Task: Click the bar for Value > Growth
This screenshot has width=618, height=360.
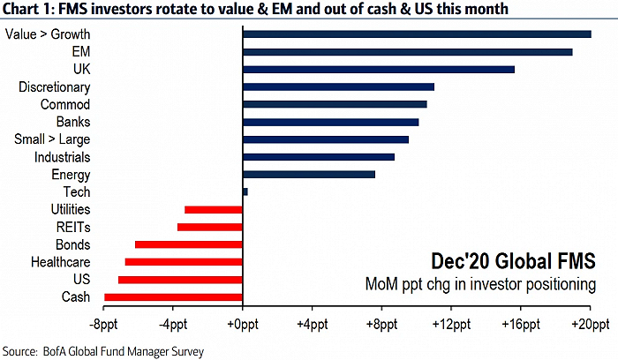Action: click(417, 34)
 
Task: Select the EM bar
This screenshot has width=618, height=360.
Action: click(407, 52)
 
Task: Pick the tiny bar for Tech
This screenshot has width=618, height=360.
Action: click(245, 191)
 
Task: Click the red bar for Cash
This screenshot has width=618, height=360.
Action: click(173, 297)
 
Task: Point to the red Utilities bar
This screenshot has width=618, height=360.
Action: click(213, 209)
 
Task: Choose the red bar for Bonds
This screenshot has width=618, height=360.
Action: click(188, 244)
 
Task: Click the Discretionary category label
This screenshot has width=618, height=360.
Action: click(54, 87)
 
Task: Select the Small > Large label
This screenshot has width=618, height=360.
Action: click(52, 139)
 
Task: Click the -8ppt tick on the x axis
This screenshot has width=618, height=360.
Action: click(104, 325)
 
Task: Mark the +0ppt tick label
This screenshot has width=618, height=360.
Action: click(242, 325)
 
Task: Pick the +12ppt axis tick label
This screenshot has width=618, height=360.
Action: click(450, 325)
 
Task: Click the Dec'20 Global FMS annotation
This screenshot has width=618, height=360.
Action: click(511, 262)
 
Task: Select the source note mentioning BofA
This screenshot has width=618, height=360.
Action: click(103, 351)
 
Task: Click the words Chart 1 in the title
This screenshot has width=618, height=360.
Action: click(25, 9)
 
